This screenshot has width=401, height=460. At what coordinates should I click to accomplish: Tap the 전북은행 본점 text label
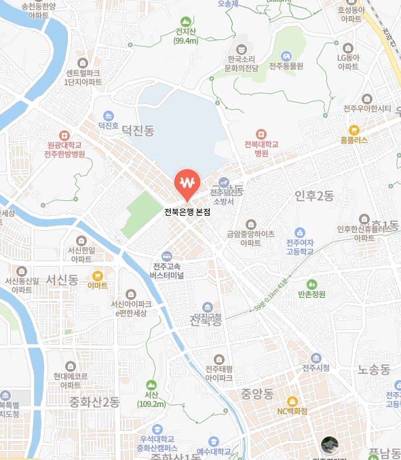pos(187,212)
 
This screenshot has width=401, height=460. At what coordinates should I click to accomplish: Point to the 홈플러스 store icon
pos(354,130)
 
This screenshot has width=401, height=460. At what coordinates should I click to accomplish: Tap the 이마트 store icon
pos(98,275)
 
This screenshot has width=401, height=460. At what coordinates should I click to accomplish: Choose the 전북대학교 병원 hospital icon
pos(261,134)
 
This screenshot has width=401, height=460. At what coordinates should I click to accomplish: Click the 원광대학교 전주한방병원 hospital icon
pos(64,136)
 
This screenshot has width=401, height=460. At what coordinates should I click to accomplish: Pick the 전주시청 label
pos(316,368)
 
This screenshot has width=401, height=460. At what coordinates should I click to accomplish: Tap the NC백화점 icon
pos(292,401)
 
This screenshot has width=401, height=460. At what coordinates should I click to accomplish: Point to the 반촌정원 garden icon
pos(311,284)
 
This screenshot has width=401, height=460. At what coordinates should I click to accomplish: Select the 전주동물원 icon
pos(286,56)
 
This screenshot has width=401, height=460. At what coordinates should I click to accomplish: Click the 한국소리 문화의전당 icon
pos(241,49)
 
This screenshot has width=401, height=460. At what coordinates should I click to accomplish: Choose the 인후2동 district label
pos(314,196)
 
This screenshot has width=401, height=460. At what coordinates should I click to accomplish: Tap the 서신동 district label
pos(62,279)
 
